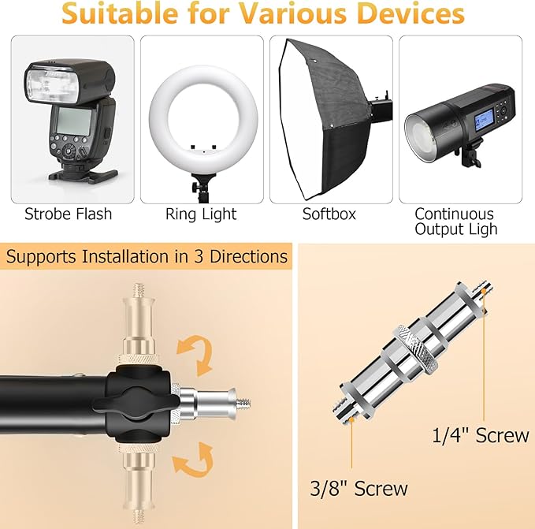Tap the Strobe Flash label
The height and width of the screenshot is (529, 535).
(69, 214)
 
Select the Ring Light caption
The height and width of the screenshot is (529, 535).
(201, 214)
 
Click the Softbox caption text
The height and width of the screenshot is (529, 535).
(329, 214)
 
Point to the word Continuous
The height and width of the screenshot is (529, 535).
(454, 214)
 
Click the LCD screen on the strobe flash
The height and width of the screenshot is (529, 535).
(73, 121)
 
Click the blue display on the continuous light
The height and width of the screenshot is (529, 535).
(483, 124)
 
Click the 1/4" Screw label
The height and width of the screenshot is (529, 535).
(481, 435)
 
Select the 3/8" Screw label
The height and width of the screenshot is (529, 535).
(359, 488)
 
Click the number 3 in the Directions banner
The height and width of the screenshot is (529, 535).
(199, 256)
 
